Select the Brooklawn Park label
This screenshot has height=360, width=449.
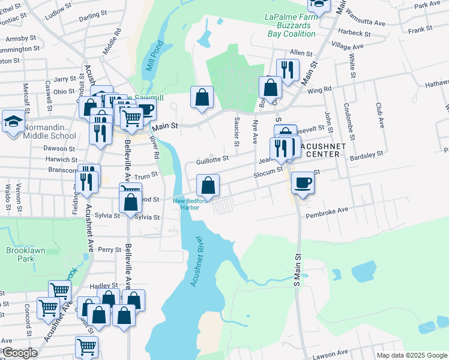(20, 254)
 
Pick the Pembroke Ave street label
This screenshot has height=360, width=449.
(327, 212)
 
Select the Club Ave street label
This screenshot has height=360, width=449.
(380, 114)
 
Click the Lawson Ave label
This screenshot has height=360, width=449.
(334, 353)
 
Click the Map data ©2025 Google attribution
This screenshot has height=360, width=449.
(412, 355)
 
